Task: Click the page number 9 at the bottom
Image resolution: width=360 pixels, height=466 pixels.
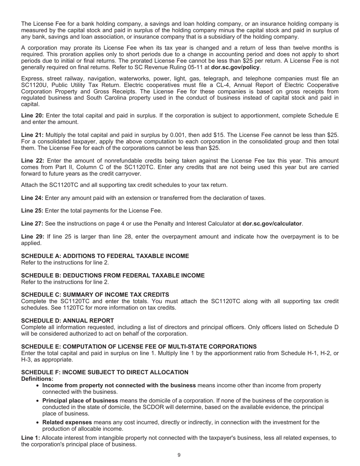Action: (179, 455)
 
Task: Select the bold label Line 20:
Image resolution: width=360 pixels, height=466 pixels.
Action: (32, 116)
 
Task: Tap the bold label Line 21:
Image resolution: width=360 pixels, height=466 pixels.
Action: (32, 135)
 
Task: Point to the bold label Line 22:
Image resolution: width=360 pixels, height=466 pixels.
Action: (32, 161)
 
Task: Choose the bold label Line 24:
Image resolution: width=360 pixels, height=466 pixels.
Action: (32, 198)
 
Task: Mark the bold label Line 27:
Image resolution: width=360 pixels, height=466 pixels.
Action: (32, 224)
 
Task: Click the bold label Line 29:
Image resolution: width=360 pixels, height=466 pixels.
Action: (32, 237)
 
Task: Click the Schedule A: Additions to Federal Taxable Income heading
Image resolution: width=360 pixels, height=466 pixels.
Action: (105, 256)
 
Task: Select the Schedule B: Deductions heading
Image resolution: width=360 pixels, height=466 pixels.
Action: (113, 275)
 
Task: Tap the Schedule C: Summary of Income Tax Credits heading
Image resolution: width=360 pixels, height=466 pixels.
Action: (95, 295)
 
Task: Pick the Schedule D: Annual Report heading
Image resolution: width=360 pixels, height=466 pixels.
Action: (67, 321)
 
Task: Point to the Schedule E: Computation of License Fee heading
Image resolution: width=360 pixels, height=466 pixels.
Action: (139, 347)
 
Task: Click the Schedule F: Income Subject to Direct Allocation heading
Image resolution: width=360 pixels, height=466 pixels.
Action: (105, 372)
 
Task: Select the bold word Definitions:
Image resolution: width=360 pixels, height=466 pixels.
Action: (37, 379)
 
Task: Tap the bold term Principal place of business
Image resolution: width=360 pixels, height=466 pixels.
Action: (80, 400)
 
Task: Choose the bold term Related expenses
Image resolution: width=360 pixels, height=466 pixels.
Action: (67, 422)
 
